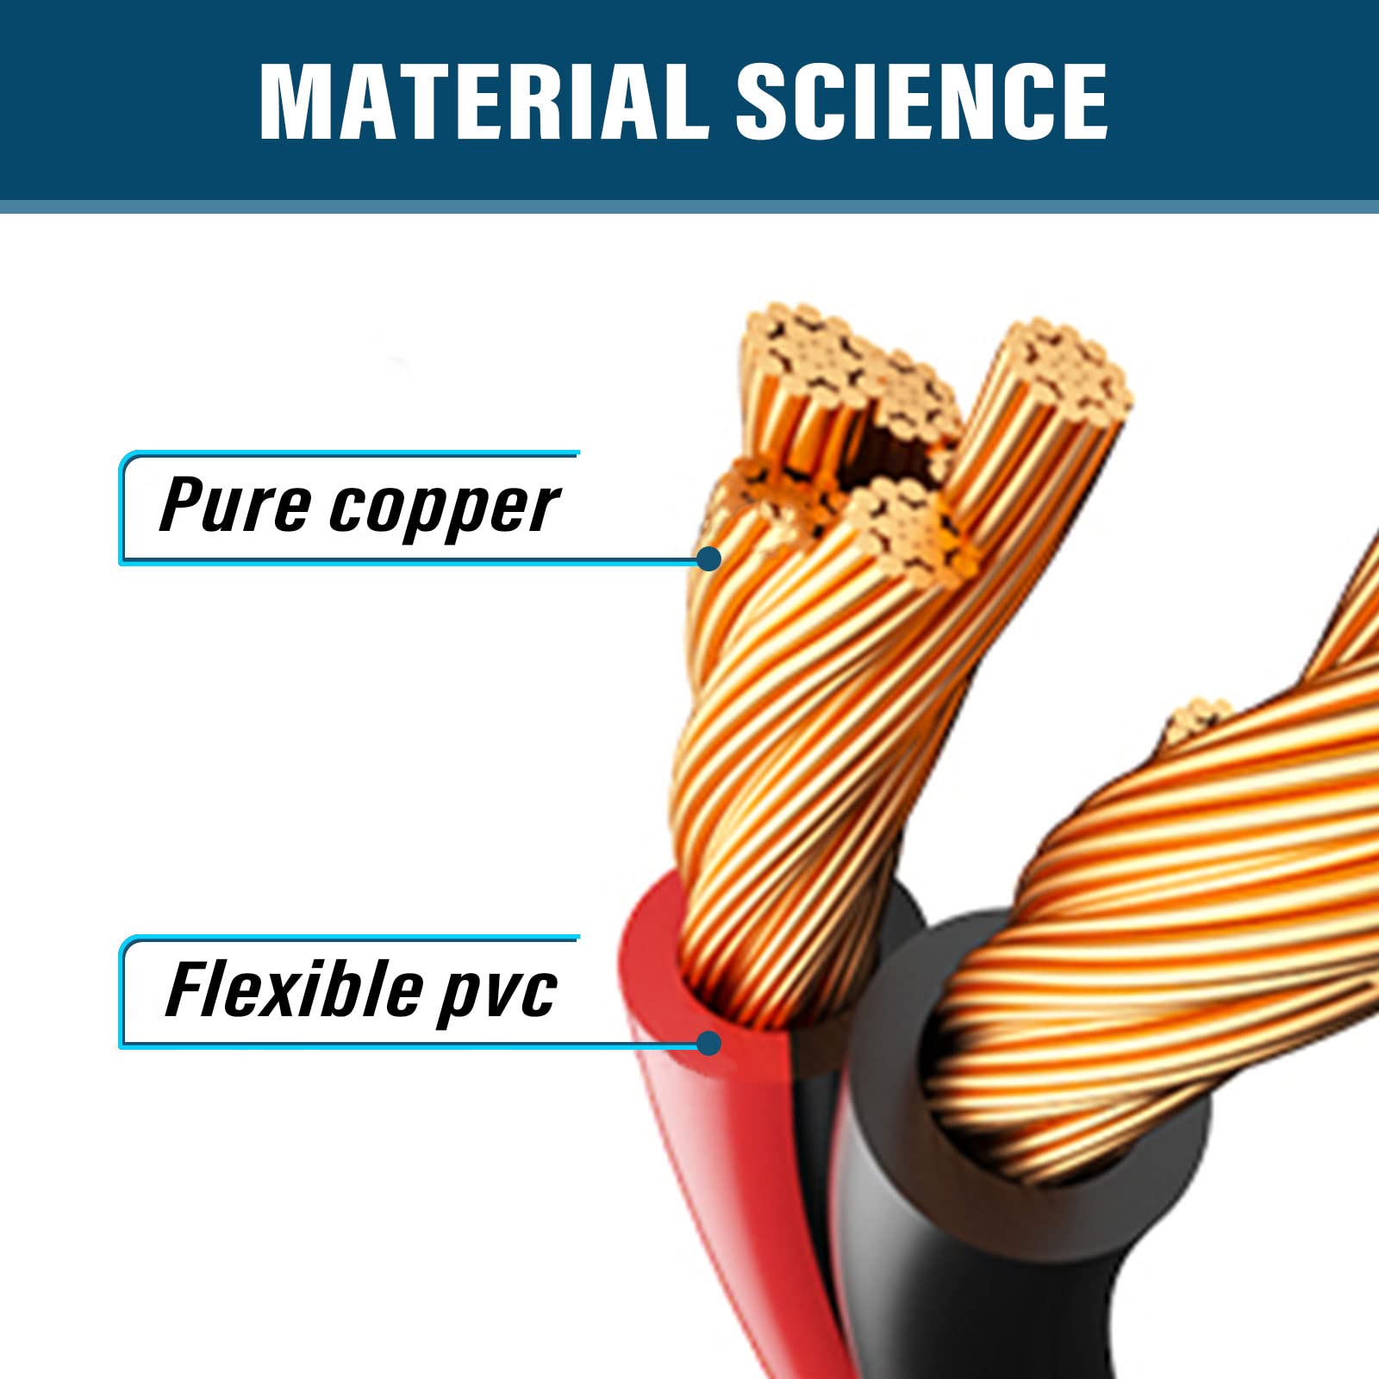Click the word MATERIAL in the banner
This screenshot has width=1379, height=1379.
tap(485, 101)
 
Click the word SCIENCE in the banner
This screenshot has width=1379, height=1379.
tap(921, 101)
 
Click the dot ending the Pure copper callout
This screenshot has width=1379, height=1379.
tap(708, 558)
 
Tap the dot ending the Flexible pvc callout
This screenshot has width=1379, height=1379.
tap(708, 1043)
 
